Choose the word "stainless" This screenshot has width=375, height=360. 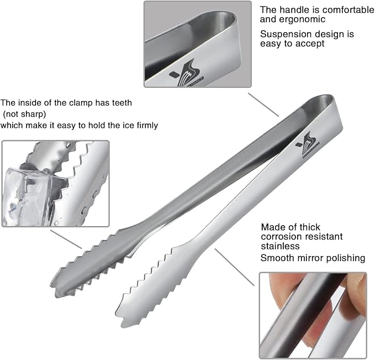coord(280,246)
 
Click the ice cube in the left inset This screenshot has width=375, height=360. coord(30,194)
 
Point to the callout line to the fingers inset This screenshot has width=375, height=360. coord(235,268)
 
